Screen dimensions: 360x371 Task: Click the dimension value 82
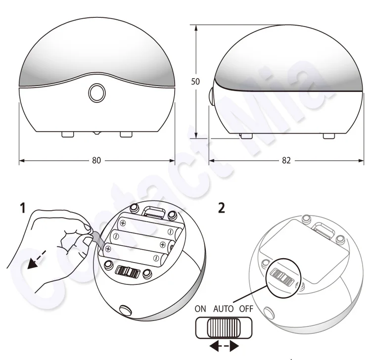tap(286, 161)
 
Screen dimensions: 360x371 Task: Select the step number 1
tap(22, 208)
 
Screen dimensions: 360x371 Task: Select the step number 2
tap(222, 208)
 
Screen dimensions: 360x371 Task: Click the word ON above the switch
tap(200, 309)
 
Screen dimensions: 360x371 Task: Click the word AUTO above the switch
tap(223, 309)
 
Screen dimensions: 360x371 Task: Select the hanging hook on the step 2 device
tap(325, 229)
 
